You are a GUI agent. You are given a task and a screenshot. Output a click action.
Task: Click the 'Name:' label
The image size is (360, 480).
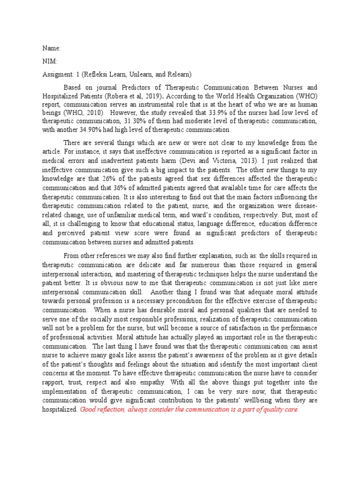52,48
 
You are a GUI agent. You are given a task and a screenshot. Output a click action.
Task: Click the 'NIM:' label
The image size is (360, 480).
50,61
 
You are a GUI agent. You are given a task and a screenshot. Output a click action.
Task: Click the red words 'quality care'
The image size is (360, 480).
279,410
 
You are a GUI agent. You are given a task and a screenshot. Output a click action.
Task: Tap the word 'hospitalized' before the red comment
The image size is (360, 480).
60,410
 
